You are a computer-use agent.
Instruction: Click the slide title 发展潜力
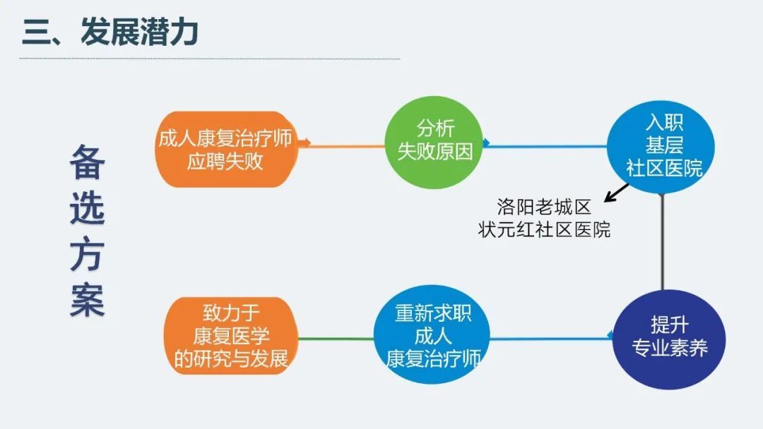[139, 32]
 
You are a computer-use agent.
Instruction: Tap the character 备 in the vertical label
[88, 162]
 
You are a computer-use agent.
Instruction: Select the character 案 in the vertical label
[88, 300]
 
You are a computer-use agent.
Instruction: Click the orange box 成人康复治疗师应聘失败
[226, 149]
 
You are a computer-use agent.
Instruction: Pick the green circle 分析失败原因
[434, 142]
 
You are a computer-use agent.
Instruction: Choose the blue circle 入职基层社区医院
[661, 146]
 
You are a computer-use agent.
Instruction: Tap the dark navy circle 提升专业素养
[669, 339]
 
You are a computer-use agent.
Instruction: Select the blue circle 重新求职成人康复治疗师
[432, 334]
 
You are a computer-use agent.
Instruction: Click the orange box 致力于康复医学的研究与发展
[231, 336]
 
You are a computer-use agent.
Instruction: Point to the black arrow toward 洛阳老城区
[616, 193]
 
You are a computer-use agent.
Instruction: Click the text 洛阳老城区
[544, 207]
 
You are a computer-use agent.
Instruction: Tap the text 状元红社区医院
[544, 230]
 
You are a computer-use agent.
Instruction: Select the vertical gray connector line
[662, 241]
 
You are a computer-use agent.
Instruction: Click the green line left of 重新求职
[336, 339]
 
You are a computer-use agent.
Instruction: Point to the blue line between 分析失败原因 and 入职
[545, 145]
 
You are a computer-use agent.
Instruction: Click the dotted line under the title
[210, 59]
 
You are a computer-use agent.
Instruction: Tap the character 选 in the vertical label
[88, 208]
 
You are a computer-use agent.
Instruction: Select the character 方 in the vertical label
[88, 253]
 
